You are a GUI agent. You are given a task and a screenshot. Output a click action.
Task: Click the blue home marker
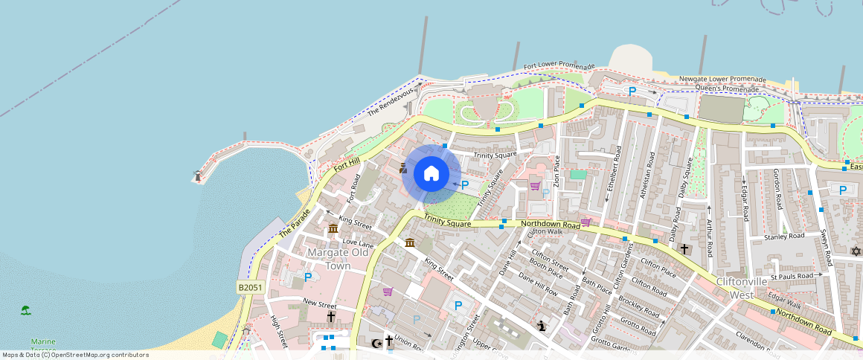(431, 174)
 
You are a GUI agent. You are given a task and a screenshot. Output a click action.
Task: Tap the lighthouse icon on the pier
(197, 176)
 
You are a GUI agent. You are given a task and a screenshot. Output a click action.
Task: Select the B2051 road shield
(251, 287)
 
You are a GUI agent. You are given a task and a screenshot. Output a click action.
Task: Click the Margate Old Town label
(338, 259)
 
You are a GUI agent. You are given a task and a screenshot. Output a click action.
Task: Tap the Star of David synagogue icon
(856, 251)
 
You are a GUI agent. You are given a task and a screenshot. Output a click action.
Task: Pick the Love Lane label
(358, 243)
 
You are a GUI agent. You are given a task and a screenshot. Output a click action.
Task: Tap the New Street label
(320, 303)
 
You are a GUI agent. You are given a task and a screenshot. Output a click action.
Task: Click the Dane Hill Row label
(537, 283)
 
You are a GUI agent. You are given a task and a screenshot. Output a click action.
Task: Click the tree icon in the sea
(26, 309)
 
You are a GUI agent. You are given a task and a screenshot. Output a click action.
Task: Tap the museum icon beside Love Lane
(333, 228)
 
